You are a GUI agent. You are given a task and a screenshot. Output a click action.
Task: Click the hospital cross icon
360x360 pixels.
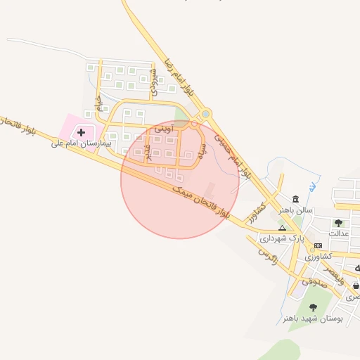(x=81, y=131)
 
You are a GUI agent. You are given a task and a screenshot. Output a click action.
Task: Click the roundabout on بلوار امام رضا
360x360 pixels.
(x=205, y=114)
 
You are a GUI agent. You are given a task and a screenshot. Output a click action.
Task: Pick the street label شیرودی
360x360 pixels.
(x=153, y=82)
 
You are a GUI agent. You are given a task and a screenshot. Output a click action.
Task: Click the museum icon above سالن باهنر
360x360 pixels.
(x=294, y=199)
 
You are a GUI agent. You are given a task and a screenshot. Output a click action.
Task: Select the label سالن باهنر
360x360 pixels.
(x=295, y=210)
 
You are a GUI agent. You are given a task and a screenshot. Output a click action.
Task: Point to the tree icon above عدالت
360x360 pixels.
(x=338, y=223)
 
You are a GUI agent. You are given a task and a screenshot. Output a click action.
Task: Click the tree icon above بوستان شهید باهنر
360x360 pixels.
(x=312, y=307)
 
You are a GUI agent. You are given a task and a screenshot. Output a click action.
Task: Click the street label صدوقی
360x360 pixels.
(x=314, y=283)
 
